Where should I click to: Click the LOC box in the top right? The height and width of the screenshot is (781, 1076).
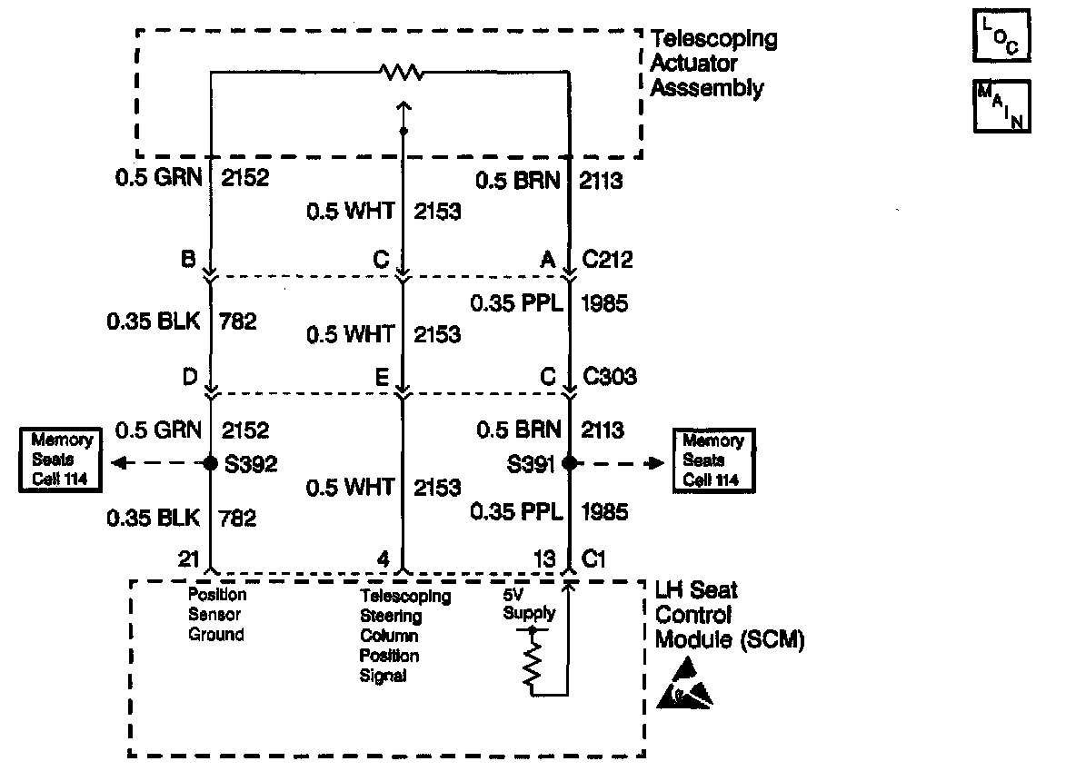tap(1001, 34)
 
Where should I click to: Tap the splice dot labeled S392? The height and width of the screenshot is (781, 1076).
tap(211, 462)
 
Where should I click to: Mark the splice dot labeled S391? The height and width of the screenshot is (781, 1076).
tap(569, 462)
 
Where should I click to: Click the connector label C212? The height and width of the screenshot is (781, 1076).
tap(608, 261)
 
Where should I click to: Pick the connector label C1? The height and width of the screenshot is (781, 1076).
tap(593, 559)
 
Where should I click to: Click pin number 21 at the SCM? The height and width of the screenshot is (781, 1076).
tap(188, 560)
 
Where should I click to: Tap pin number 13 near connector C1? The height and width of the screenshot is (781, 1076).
tap(544, 560)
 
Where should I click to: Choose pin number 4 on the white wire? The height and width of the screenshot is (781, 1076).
tap(384, 560)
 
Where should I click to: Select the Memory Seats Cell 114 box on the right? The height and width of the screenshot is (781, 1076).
tap(712, 460)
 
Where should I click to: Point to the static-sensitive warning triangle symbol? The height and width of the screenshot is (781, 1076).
tap(684, 686)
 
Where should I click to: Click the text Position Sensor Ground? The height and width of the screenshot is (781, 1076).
tap(216, 615)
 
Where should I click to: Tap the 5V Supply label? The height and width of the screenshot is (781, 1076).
tap(529, 605)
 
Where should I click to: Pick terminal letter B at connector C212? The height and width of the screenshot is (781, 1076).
tap(190, 261)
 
